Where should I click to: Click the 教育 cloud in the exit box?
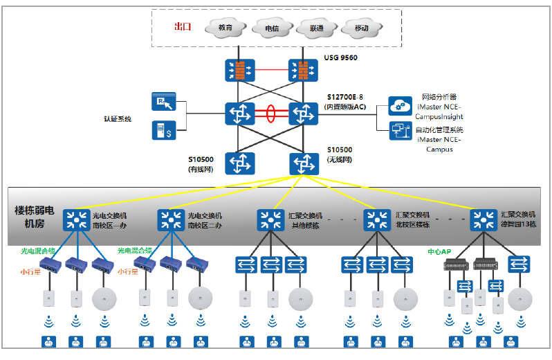click(x=226, y=28)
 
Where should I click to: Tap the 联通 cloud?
click(x=317, y=28)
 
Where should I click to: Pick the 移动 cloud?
click(x=361, y=28)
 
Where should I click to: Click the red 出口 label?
click(x=183, y=27)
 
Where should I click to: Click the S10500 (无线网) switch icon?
click(x=303, y=163)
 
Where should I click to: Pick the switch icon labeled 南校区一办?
click(x=74, y=220)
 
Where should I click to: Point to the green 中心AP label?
click(x=441, y=251)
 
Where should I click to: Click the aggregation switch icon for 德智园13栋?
click(x=482, y=220)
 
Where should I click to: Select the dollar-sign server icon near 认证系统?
click(x=163, y=129)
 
